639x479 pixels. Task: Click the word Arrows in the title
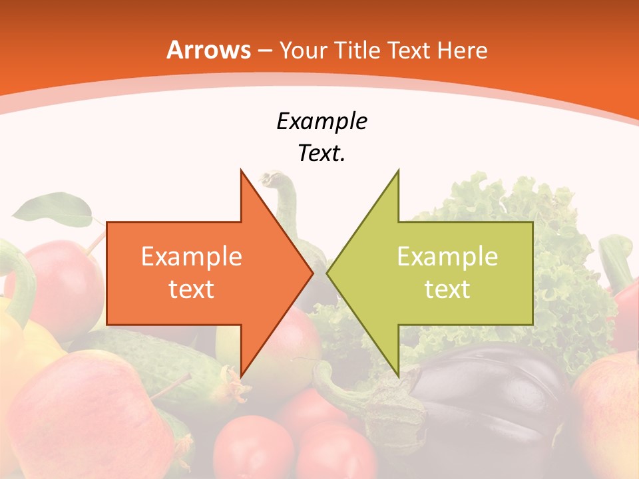point(208,51)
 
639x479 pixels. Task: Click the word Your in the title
point(303,51)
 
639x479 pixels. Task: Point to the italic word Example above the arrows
point(321,122)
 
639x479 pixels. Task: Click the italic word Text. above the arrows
point(321,154)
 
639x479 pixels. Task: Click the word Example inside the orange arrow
point(192,257)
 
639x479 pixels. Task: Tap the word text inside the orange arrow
point(192,289)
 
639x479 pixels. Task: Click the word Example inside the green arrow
point(447,257)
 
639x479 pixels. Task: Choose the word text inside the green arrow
point(447,289)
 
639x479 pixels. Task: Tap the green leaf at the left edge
point(53,210)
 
